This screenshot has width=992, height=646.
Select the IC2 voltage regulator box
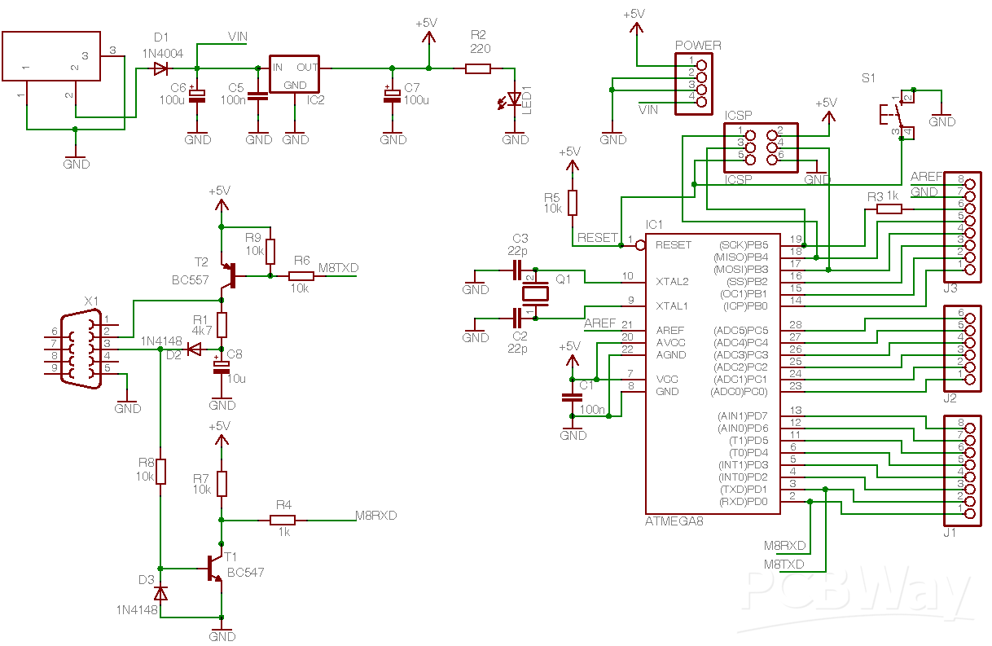tap(294, 75)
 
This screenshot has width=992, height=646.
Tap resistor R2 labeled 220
tap(478, 69)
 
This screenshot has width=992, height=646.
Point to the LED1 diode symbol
tap(514, 99)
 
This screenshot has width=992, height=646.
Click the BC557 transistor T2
tap(230, 275)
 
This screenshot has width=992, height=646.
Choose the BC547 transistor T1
tap(215, 568)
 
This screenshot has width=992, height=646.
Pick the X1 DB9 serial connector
tap(81, 349)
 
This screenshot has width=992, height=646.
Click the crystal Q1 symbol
tap(530, 293)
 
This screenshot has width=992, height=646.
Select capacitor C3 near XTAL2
tap(517, 269)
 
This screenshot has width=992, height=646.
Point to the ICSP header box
tap(761, 147)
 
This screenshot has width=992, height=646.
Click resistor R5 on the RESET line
tap(573, 202)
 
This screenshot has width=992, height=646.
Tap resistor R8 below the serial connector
tap(160, 471)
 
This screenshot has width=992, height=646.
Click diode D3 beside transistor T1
tap(160, 593)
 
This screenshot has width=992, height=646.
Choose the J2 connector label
tap(950, 398)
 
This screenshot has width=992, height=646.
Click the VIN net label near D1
tap(238, 37)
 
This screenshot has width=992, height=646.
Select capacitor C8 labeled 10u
tap(222, 366)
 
